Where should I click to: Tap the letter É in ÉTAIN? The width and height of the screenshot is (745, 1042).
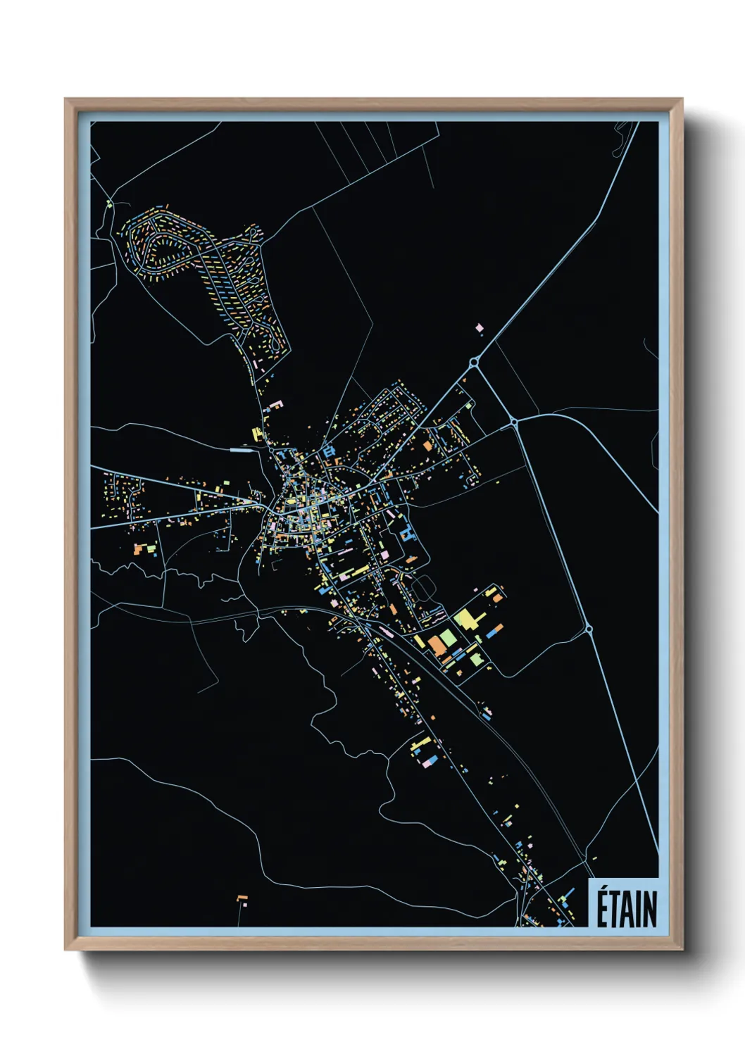[603, 909]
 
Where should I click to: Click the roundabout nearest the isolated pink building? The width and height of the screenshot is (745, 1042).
[474, 363]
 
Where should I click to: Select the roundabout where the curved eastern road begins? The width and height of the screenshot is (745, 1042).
[514, 422]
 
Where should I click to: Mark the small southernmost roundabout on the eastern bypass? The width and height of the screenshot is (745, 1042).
[589, 629]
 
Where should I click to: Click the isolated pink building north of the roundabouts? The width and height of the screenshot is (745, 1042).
[480, 327]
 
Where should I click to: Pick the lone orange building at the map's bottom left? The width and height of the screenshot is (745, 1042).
[242, 898]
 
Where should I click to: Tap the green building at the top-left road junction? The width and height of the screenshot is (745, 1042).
[110, 205]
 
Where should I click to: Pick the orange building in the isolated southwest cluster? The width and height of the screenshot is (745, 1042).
[140, 548]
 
